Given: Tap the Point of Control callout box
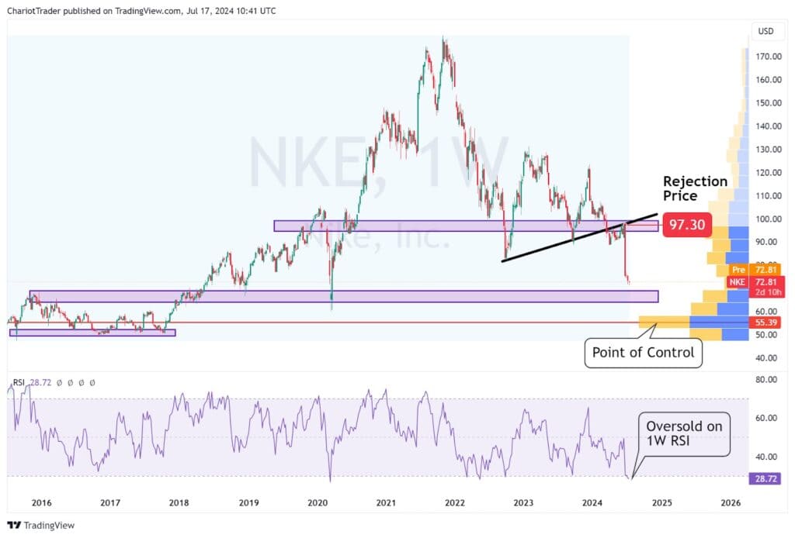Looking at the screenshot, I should [x=643, y=353].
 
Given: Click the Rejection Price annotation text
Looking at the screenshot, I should [x=695, y=188].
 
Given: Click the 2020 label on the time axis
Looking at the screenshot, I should [x=318, y=503].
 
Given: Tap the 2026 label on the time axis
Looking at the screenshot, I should [x=730, y=503].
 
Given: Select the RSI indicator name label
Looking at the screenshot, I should [x=19, y=382].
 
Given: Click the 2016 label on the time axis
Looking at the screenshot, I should [x=41, y=503].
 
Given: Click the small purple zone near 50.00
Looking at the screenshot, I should [x=92, y=333].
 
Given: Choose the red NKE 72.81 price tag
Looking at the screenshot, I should [x=760, y=286].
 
